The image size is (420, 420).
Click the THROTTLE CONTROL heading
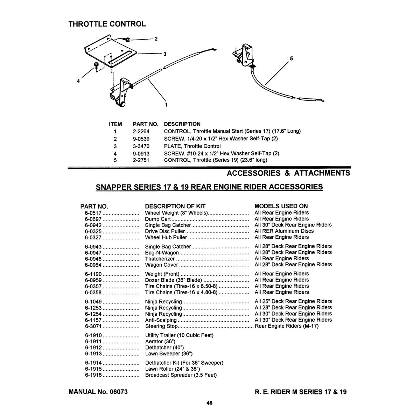tap(107, 24)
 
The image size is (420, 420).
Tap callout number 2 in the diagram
tap(156, 39)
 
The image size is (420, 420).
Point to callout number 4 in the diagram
tap(78, 81)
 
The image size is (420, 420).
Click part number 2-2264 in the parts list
tap(142, 131)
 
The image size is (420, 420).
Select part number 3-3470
tap(142, 146)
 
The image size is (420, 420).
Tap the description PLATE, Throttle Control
tap(192, 146)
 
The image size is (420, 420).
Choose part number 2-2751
tap(142, 160)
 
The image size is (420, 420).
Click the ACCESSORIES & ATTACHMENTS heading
tap(288, 173)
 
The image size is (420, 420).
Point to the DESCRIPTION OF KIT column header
tap(175, 206)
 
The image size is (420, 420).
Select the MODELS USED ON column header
tap(281, 206)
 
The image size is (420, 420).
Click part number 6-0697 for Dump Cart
tap(93, 219)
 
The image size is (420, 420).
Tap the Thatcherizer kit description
tap(160, 259)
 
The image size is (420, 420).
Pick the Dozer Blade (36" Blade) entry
tap(174, 280)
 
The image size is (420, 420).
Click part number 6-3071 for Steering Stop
tap(93, 326)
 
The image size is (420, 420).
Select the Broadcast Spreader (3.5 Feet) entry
tap(181, 375)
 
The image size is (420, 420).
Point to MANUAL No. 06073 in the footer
tap(98, 392)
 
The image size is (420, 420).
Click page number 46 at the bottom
tap(209, 403)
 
